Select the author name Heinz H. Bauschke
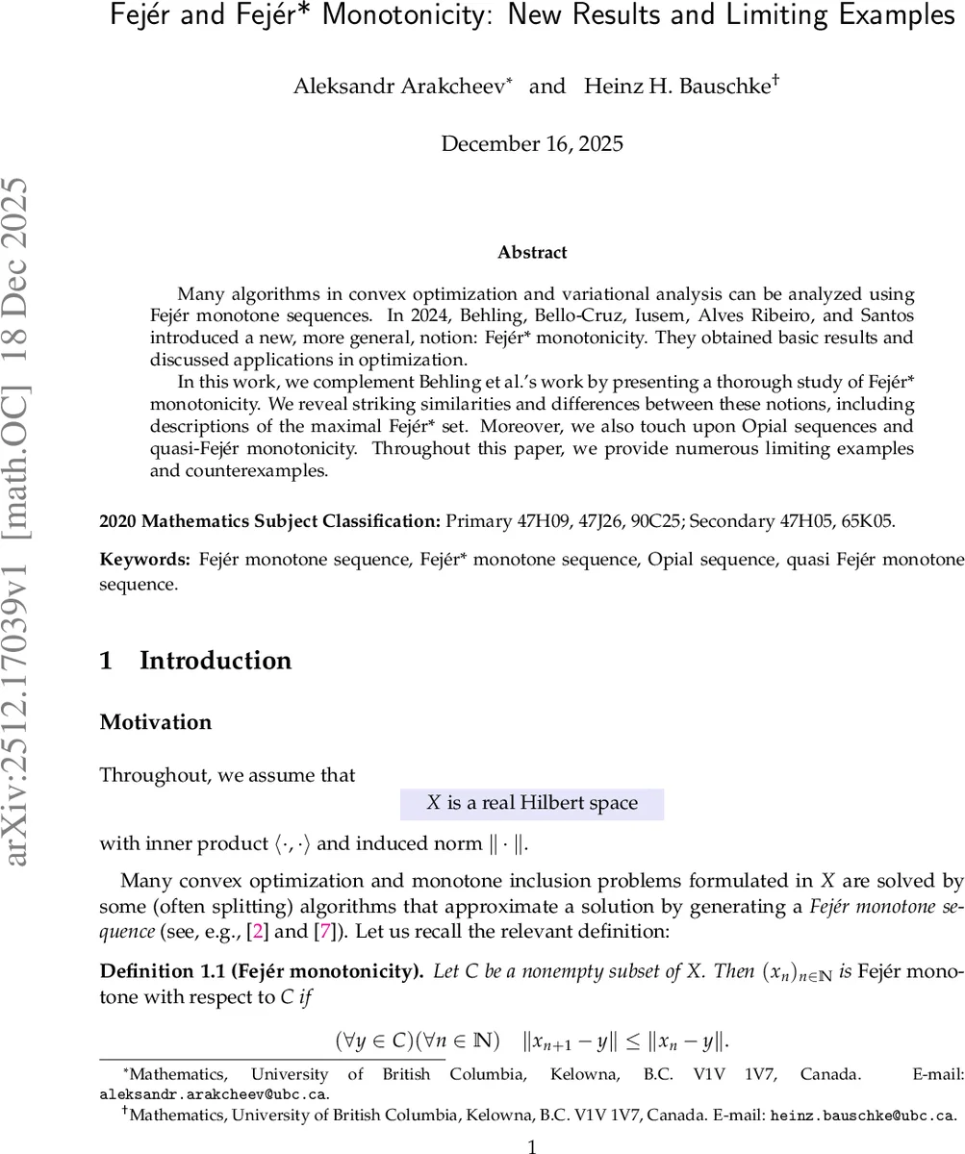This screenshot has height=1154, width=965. pos(676,87)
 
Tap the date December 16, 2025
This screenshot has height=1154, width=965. pos(532,144)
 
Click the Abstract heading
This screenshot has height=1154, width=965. pos(532,253)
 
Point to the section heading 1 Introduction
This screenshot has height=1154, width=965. pos(195,661)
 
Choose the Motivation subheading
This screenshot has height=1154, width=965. pos(156,722)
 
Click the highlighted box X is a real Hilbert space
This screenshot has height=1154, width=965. pos(532,803)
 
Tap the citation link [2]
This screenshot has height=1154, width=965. pos(257,932)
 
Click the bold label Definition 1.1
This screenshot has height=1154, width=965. pos(160,971)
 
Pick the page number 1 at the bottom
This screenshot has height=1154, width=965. pos(532,1145)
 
